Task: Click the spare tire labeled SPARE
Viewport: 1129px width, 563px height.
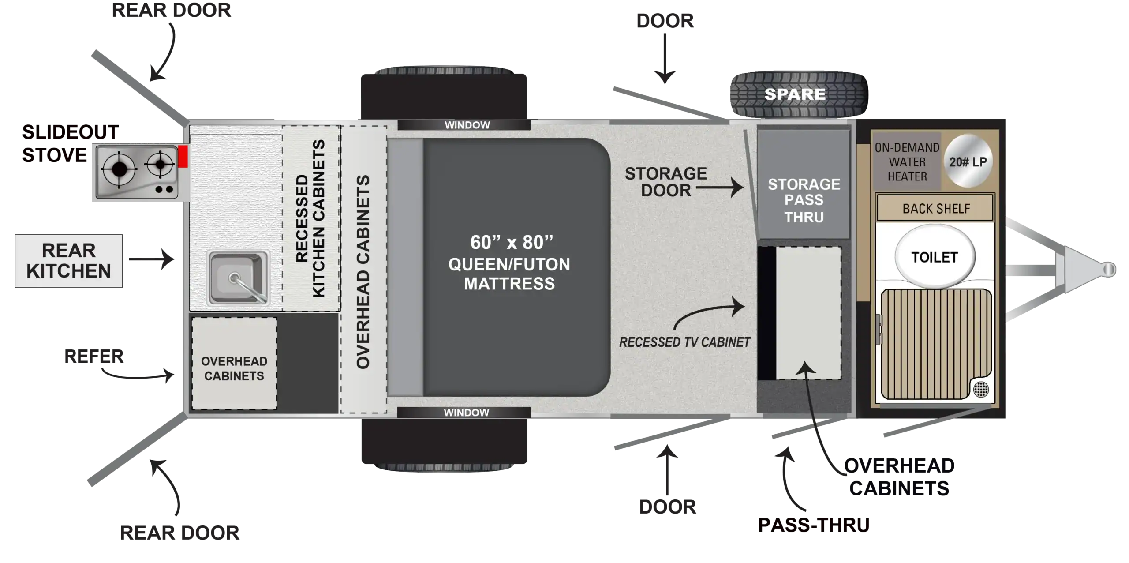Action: coord(799,94)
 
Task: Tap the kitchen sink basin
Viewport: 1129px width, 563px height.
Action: coord(238,278)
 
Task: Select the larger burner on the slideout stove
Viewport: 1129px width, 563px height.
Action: coord(119,169)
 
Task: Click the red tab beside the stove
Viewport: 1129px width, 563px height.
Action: coord(183,156)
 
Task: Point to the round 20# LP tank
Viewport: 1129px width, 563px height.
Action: coord(968,161)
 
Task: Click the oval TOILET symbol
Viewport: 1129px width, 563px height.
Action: coord(935,256)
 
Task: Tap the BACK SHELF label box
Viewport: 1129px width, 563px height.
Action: coord(935,208)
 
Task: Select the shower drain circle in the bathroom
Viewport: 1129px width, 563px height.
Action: coord(981,389)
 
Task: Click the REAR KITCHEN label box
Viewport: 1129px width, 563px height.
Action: coord(69,261)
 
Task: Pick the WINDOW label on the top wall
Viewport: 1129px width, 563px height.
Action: coord(467,125)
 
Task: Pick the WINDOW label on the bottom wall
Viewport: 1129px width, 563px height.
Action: coord(466,413)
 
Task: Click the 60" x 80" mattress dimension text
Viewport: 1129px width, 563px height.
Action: coord(512,242)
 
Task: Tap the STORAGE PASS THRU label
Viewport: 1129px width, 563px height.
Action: coord(804,200)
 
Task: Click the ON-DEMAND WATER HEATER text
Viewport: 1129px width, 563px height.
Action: coord(907,162)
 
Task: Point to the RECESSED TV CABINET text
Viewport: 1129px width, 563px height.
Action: coord(684,342)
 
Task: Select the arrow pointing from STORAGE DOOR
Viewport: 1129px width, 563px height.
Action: coord(720,188)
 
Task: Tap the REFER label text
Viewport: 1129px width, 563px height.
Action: coord(94,357)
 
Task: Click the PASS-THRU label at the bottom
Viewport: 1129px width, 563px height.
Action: coord(814,525)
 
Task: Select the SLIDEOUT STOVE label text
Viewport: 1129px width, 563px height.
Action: coord(70,144)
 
